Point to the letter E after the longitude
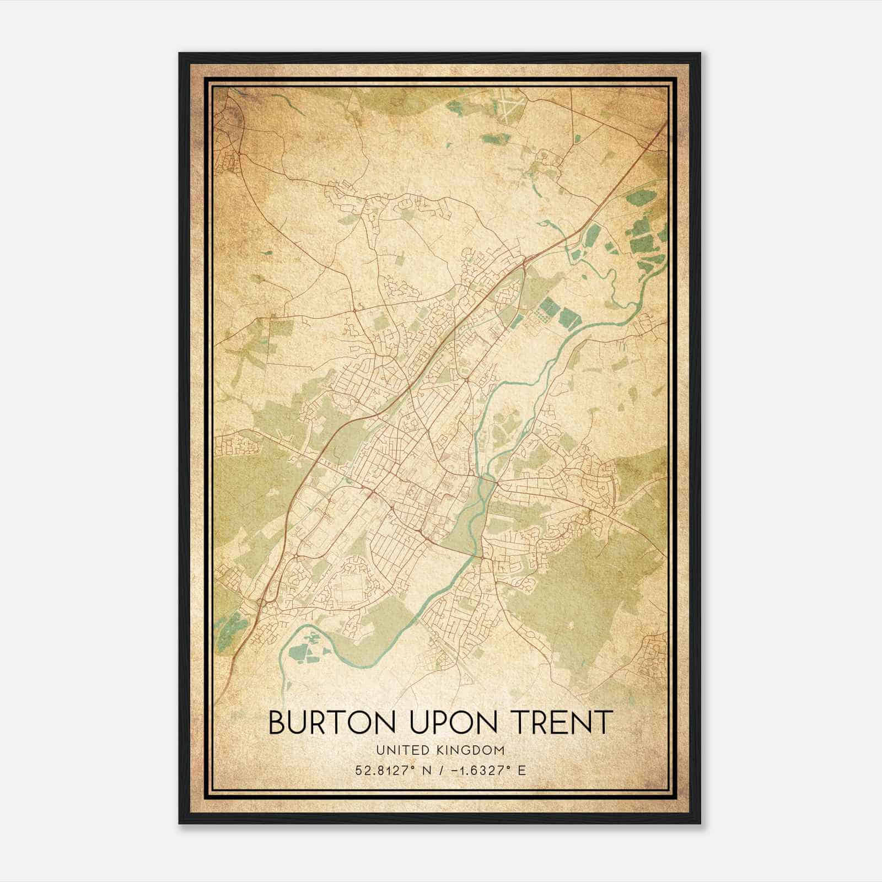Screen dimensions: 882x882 pos(521,770)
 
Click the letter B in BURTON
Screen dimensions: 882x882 pos(277,723)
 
